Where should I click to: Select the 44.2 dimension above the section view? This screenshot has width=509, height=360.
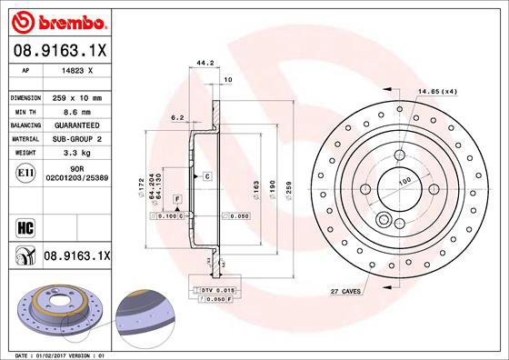pyautogui.click(x=205, y=64)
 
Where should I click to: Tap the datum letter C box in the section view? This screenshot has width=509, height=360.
pyautogui.click(x=207, y=175)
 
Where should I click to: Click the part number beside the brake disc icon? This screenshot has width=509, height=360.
pyautogui.click(x=76, y=259)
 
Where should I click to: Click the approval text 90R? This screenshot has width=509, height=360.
pyautogui.click(x=79, y=169)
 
